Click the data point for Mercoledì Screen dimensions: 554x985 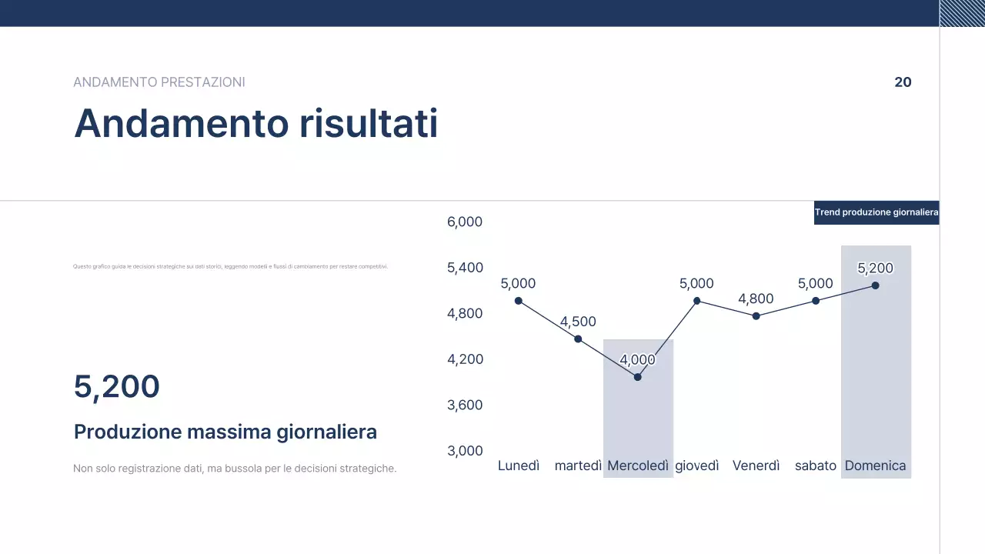coord(637,377)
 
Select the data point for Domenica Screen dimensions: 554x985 coord(875,285)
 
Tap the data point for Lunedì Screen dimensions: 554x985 coord(518,301)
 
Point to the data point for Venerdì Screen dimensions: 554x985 coord(756,316)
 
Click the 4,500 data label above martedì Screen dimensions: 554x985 coord(578,322)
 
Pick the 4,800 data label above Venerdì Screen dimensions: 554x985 coord(756,299)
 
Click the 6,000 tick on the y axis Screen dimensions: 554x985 coord(465,222)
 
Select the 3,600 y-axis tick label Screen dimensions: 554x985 coord(465,405)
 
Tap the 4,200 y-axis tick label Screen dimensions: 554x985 coord(465,359)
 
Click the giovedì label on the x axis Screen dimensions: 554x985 coord(697,466)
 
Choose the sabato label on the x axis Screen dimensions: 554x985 coord(816,466)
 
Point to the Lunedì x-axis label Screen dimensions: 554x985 coord(519,466)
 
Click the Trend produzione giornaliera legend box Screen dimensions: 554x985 coord(876,212)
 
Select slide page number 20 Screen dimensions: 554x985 coord(903,82)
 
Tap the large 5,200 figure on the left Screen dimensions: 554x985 coord(117,386)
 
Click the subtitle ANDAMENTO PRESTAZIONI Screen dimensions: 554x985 coord(159,82)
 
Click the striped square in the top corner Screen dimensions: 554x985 coord(962,13)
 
